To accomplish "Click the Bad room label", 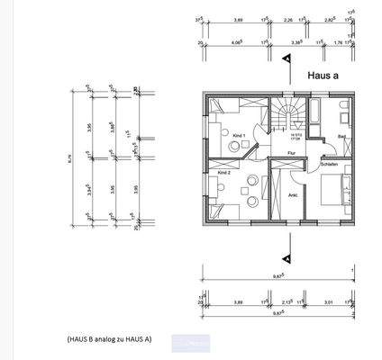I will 341,136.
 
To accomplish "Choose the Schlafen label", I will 330,165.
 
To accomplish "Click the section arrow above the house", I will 287,58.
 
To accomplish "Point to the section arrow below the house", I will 287,240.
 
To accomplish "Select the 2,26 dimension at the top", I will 286,18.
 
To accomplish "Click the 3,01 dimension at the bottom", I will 329,303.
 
